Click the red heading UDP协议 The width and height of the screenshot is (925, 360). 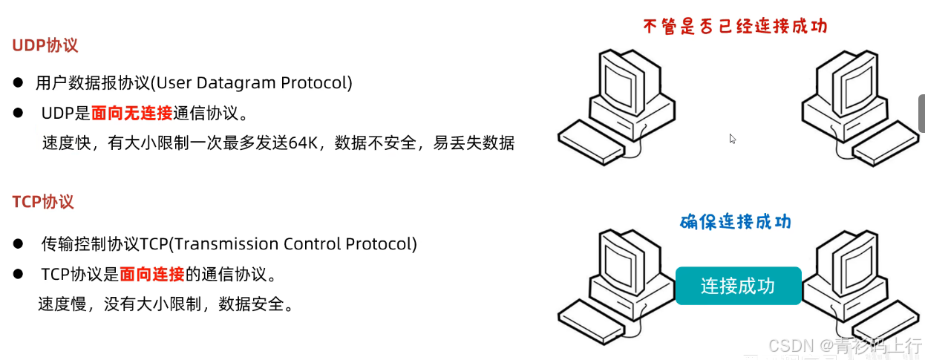pos(45,45)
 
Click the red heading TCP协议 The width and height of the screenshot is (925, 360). pos(43,202)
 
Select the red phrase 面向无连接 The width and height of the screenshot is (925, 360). pos(131,113)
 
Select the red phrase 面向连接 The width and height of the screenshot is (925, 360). pos(152,274)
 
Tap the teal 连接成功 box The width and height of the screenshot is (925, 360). pos(738,286)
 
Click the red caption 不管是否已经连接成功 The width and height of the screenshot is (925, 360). pos(734,27)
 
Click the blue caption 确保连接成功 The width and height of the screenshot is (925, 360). pos(735,221)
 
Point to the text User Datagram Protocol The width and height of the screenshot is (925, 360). pos(252,82)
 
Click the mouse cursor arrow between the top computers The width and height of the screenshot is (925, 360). pos(732,138)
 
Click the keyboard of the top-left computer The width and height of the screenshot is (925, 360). pos(592,139)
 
